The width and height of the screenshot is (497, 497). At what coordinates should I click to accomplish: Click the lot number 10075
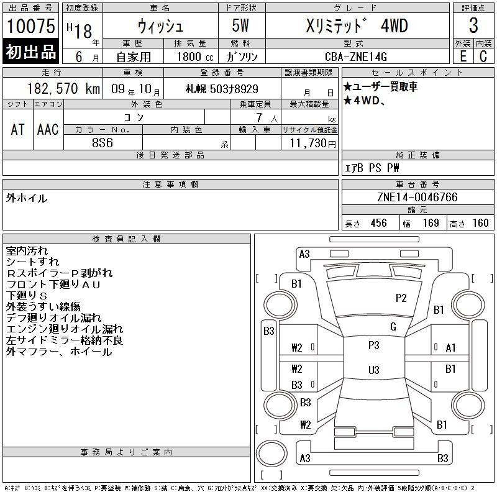point(30,26)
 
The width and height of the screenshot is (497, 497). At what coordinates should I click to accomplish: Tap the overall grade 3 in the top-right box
point(473,25)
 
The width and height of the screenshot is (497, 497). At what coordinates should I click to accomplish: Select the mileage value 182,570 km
point(63,89)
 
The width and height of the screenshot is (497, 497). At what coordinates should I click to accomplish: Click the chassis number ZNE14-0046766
point(417,197)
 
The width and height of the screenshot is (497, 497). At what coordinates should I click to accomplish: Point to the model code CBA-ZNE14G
point(355,57)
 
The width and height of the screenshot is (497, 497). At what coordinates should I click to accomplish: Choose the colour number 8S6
point(103,143)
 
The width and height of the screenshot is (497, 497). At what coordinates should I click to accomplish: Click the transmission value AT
point(18,129)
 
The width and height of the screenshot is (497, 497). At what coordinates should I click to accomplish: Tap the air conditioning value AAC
point(48,129)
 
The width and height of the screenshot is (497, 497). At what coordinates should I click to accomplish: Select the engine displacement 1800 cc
point(195,57)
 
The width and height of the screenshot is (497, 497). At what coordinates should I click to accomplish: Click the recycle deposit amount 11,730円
point(313,144)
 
